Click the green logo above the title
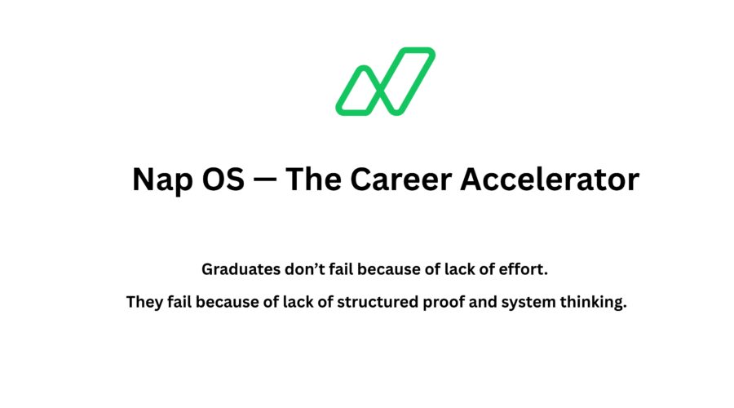coord(385,81)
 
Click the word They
coord(144,303)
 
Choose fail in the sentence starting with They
coord(181,303)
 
